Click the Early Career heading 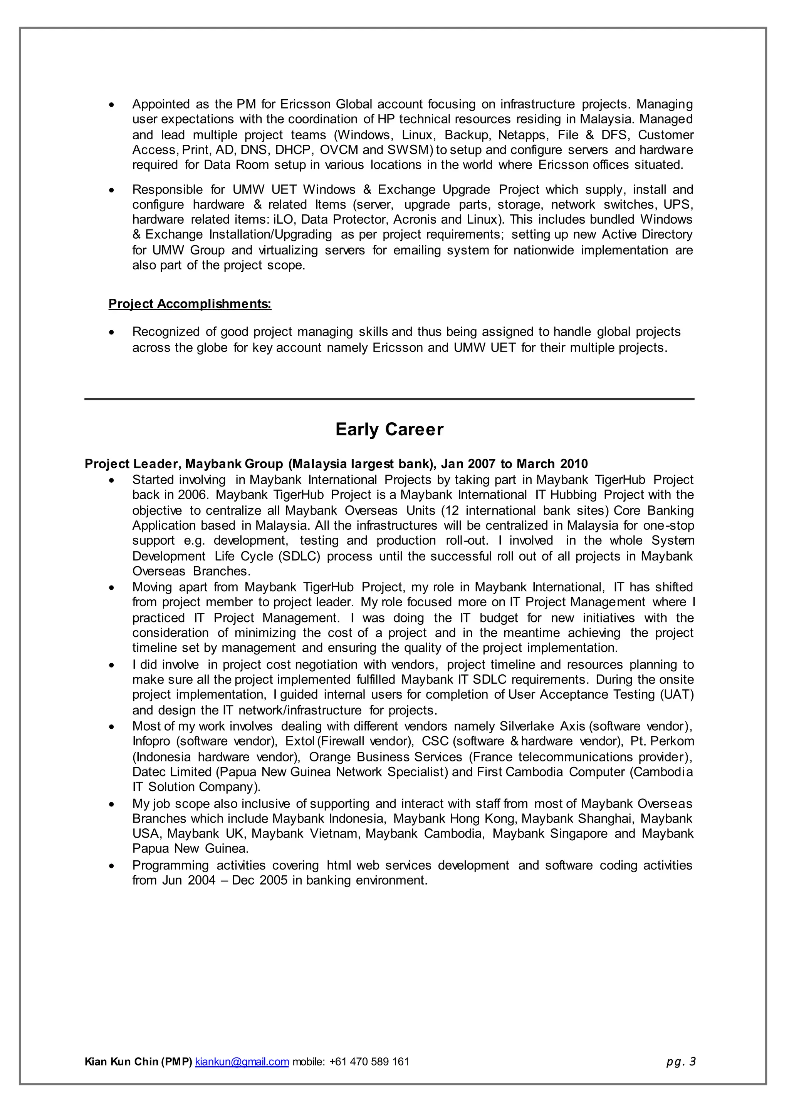389,430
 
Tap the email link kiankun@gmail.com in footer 242,1062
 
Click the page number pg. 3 681,1062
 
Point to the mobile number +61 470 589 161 369,1062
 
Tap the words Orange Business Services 385,757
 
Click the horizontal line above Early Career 389,399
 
